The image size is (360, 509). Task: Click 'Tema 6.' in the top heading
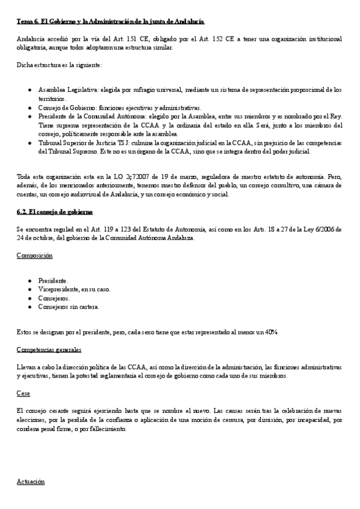click(x=27, y=22)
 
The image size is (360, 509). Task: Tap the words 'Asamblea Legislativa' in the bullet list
click(x=65, y=89)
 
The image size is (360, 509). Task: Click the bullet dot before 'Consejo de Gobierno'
click(x=30, y=107)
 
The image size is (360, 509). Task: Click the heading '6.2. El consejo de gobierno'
click(x=55, y=212)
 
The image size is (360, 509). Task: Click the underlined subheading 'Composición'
click(x=34, y=256)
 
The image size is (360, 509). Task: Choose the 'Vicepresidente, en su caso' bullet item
click(x=74, y=289)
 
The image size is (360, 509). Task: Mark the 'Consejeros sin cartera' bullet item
click(x=68, y=307)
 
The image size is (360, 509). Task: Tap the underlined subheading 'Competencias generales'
click(x=49, y=349)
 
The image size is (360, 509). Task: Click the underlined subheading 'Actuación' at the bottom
click(x=31, y=481)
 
